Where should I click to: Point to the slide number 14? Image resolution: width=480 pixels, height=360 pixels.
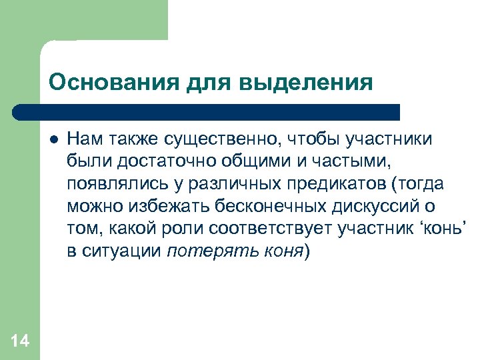pos(20,342)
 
